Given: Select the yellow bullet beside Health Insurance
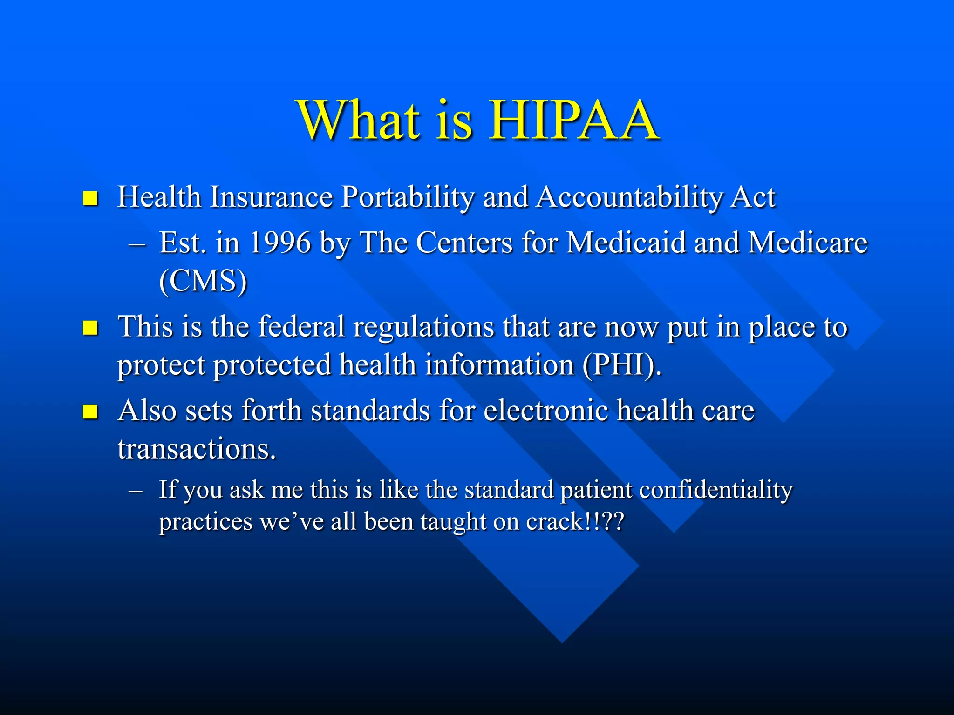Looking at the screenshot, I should [90, 198].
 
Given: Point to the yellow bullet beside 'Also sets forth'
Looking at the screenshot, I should [90, 411].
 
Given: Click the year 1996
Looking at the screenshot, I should [279, 243].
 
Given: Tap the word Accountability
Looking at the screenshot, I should [629, 197].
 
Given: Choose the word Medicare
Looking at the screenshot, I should [808, 243].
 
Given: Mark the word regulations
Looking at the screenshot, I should [423, 327].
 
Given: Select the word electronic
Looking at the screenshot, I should [545, 411].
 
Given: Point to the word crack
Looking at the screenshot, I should [554, 522].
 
